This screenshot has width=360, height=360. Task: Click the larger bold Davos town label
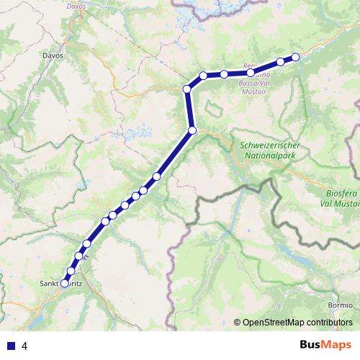click(53, 55)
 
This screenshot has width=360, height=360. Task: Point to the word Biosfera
click(338, 194)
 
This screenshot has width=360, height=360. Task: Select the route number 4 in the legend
click(24, 345)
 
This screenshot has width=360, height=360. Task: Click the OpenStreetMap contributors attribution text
click(297, 323)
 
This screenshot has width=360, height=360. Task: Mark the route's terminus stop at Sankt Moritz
click(64, 284)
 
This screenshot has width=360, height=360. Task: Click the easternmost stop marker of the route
click(295, 58)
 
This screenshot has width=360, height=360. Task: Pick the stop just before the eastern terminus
click(280, 62)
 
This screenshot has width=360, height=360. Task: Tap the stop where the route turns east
click(187, 89)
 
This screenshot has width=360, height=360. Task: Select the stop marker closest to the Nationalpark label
click(192, 130)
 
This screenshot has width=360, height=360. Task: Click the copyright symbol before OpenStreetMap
click(237, 323)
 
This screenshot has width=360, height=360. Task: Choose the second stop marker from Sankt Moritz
click(71, 271)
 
